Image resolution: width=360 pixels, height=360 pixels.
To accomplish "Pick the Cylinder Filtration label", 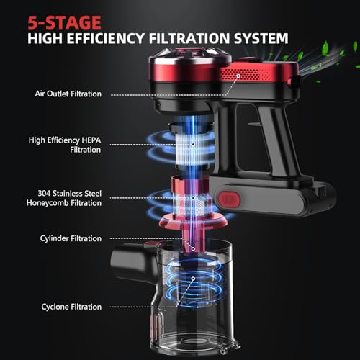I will coord(71,238).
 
